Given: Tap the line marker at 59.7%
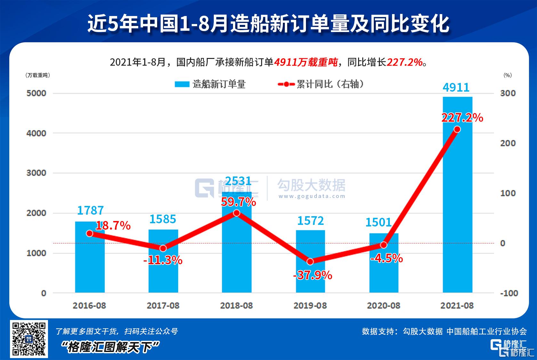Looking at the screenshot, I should (236, 213).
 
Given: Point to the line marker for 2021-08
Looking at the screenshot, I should (457, 129).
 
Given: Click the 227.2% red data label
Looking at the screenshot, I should (462, 118).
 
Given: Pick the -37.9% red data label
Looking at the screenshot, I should (313, 275).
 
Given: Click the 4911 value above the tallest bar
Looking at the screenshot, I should (456, 87).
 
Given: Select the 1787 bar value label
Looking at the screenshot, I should (90, 210).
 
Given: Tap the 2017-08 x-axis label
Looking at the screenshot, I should (163, 306).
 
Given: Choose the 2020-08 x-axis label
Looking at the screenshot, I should (383, 306).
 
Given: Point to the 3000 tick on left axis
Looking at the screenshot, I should (36, 173).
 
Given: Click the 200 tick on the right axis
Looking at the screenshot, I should (508, 143).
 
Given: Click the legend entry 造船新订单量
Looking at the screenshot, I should (210, 84).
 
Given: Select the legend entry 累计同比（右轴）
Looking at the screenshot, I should (321, 84).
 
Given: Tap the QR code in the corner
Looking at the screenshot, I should (29, 338).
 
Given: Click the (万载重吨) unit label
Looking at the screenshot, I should (37, 75).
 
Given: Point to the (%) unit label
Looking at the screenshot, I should (508, 75).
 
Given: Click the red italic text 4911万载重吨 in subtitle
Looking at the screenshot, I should (306, 62).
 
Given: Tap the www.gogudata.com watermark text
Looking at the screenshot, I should (312, 196).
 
